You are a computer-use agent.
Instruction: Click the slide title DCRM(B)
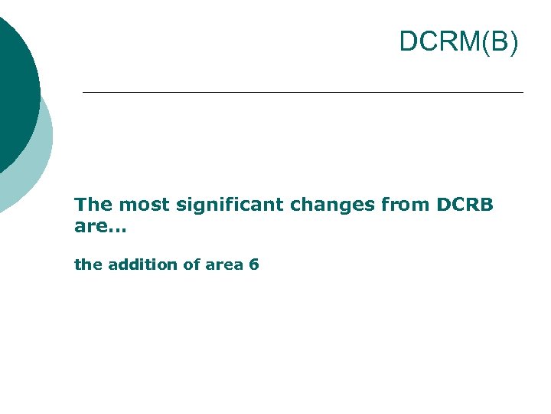458,42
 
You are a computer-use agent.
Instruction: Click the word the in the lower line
88,264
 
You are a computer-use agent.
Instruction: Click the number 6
254,264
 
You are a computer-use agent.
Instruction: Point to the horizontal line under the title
302,93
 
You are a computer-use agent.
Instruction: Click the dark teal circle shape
11,92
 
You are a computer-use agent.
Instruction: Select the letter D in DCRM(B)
409,42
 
